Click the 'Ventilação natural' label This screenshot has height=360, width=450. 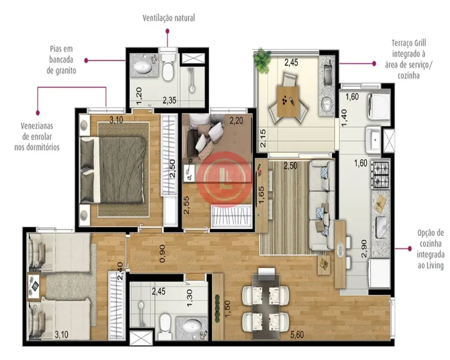point(169,18)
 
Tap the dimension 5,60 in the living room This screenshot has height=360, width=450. point(297,334)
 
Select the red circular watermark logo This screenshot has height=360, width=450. point(225,180)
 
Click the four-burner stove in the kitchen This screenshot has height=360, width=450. point(381,174)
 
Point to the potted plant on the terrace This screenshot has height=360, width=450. point(262,56)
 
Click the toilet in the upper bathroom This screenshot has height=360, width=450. point(167,66)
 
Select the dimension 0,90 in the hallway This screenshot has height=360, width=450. point(162,253)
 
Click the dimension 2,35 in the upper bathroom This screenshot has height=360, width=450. point(169,100)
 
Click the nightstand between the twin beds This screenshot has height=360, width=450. point(34,286)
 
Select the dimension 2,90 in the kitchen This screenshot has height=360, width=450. point(364,248)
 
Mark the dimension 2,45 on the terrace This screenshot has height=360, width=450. point(291,62)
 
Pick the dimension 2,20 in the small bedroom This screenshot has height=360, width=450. point(236,120)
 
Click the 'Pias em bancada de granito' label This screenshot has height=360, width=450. point(61,60)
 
